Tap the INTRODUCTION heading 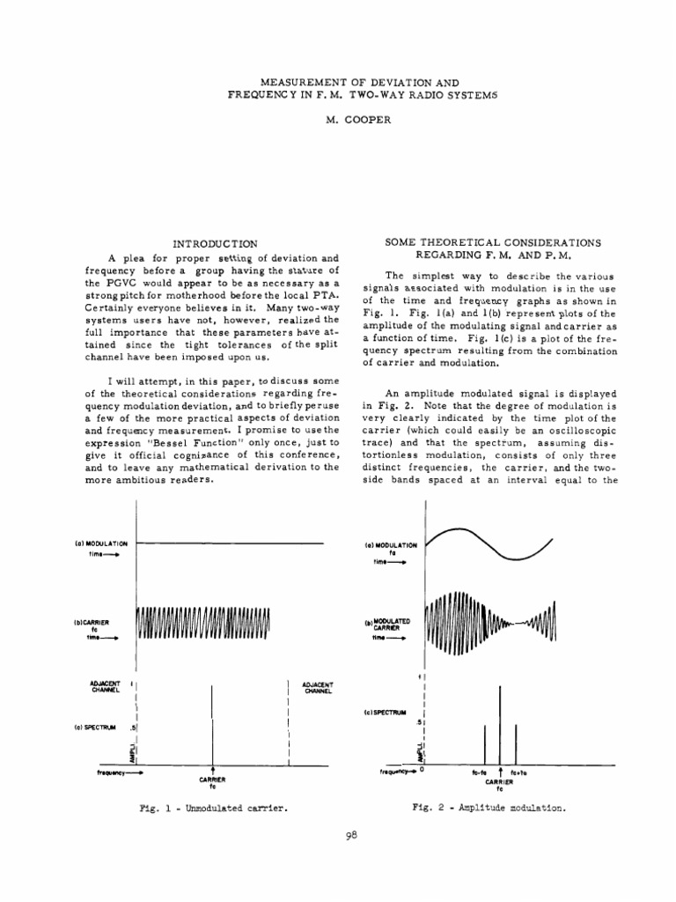point(215,242)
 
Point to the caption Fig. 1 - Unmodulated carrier point(214,807)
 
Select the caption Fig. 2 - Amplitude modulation point(489,807)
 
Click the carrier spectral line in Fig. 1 point(212,722)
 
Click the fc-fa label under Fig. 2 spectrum point(481,772)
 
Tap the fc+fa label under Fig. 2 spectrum point(518,772)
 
